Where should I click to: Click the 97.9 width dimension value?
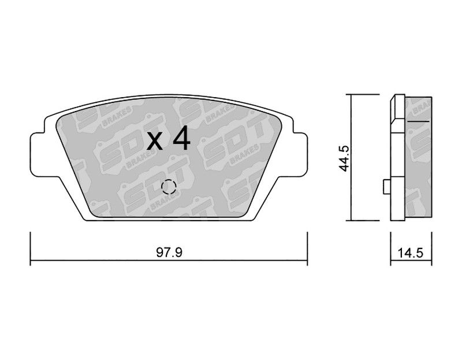coord(169,253)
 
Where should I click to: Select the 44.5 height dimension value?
coord(344,158)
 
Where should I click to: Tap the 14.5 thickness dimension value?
coord(411,253)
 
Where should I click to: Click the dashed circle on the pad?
coord(169,187)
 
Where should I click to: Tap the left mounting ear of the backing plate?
coord(38,154)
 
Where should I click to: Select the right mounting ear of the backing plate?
coord(300,154)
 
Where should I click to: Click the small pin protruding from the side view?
coord(386,187)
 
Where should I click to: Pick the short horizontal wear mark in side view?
coord(418,121)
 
